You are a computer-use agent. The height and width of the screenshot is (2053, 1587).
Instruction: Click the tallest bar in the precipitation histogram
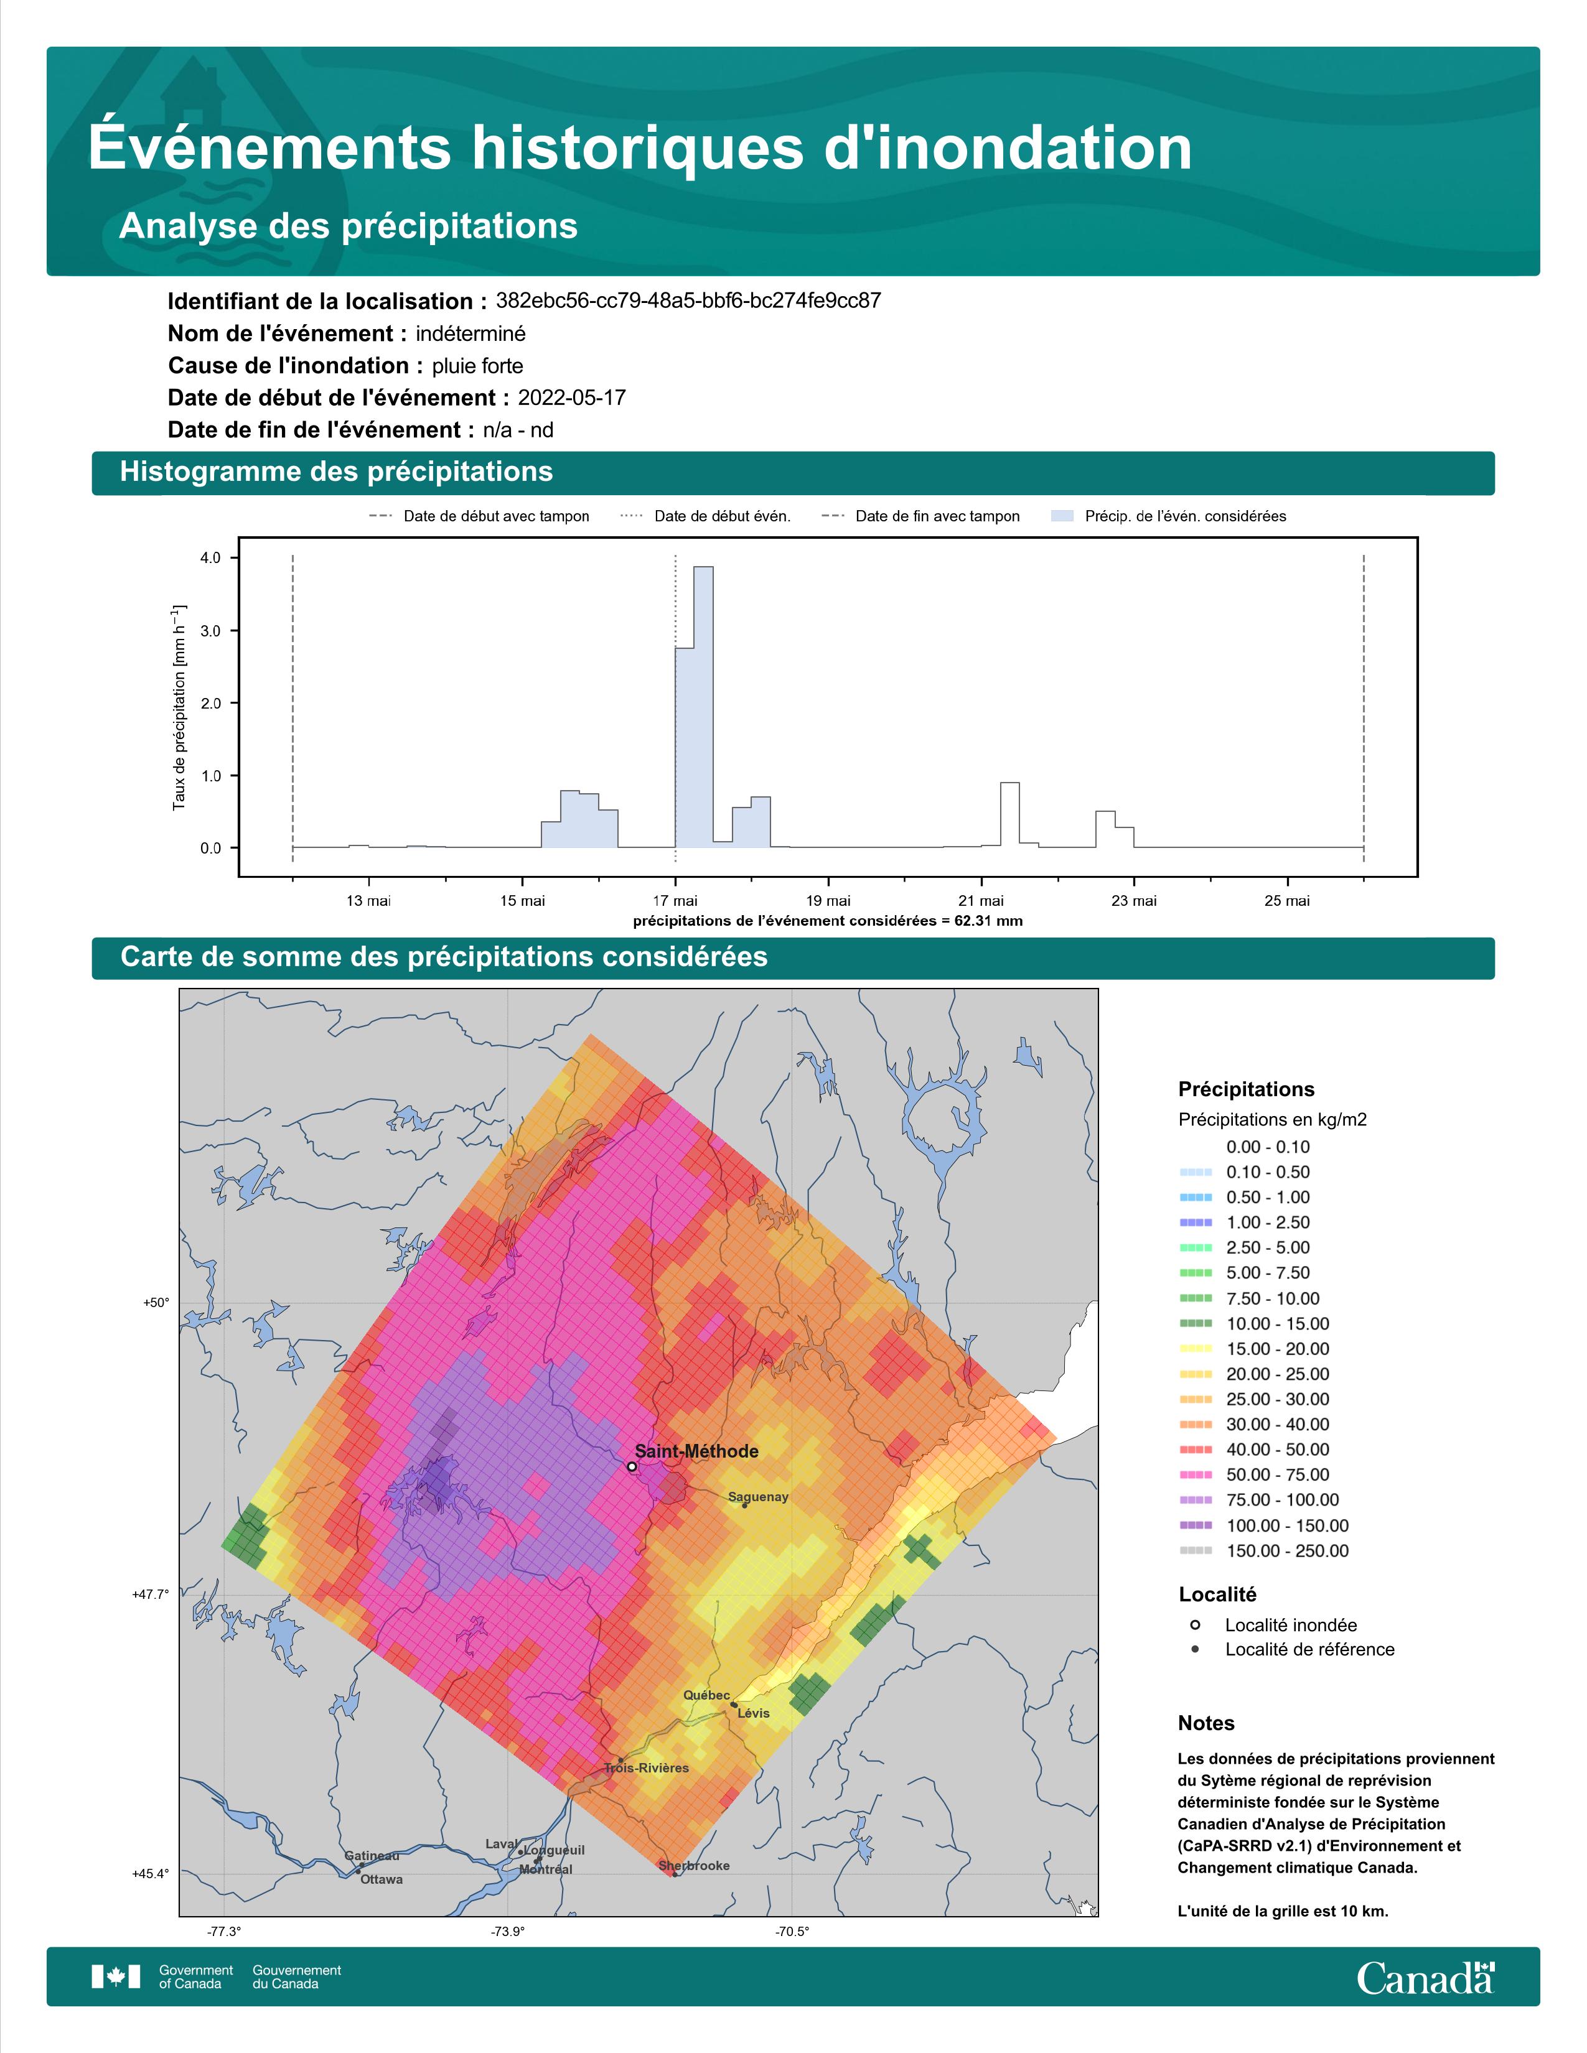(x=703, y=707)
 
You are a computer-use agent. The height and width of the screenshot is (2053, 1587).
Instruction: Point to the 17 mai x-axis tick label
(x=675, y=901)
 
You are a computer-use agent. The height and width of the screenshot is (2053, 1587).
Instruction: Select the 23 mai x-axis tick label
(x=1134, y=901)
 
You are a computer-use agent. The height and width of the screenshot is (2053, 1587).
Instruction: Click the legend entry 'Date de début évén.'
(x=706, y=516)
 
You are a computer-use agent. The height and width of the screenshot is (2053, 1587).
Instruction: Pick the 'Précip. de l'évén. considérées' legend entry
(x=1169, y=516)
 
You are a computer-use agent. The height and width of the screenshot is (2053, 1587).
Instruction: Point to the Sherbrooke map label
(x=694, y=1865)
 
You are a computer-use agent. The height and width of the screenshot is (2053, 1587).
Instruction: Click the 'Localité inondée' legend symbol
(x=1195, y=1624)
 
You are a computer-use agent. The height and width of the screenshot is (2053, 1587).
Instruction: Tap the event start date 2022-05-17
(x=571, y=398)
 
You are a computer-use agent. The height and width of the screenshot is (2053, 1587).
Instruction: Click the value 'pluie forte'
(x=477, y=366)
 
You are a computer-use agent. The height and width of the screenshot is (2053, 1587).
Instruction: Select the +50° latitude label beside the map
(x=156, y=1302)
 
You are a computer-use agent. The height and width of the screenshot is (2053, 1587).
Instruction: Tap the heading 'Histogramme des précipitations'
(x=337, y=472)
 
